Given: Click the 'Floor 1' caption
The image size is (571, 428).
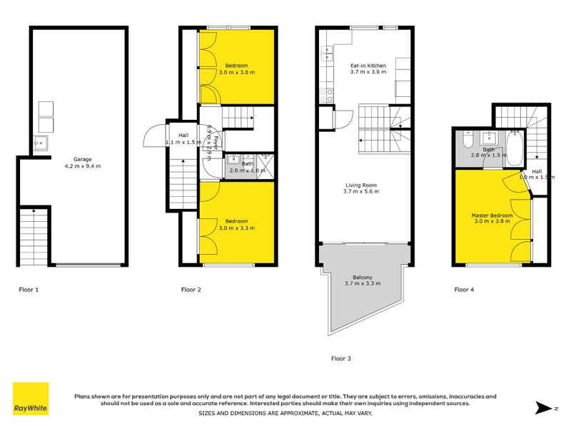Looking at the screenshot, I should (29, 290).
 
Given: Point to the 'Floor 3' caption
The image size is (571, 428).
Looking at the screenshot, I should (340, 358).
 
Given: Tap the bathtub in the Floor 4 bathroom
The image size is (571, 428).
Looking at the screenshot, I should (516, 146).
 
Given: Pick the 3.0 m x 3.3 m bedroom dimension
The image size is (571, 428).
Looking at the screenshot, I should (236, 228).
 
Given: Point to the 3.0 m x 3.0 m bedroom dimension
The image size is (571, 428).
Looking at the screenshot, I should (236, 72).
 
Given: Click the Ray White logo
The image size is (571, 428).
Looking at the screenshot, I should (31, 399).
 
